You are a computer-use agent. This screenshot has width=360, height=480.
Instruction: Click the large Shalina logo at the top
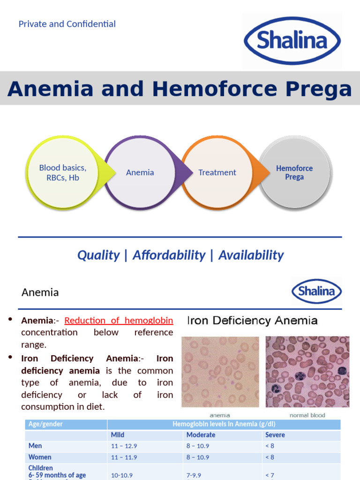[292, 40]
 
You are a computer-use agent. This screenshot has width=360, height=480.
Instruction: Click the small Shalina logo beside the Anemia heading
[316, 291]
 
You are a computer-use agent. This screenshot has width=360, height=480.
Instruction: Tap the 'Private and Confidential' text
[67, 24]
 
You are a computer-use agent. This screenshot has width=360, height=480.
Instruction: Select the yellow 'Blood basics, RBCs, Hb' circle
[62, 172]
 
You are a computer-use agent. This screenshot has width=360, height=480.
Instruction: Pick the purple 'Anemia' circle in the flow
[140, 172]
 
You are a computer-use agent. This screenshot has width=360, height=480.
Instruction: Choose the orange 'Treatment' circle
[217, 172]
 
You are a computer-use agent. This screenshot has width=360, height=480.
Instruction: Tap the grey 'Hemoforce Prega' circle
[294, 172]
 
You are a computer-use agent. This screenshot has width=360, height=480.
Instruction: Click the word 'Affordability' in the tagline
[169, 255]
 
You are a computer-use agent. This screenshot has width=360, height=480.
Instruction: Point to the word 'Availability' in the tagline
[251, 255]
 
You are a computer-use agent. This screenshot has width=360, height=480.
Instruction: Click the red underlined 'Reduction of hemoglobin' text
[119, 321]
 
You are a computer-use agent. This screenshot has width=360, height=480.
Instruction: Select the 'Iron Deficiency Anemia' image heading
[252, 321]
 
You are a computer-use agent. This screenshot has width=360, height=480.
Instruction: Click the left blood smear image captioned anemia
[220, 372]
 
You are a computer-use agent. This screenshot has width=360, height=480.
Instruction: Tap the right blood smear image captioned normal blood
[307, 372]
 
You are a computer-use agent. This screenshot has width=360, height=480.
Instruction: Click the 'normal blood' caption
[307, 415]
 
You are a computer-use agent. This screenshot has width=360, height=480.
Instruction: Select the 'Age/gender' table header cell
[45, 424]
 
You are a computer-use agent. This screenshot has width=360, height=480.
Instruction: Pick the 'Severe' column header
[275, 435]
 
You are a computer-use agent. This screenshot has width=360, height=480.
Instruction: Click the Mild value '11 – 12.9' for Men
[124, 446]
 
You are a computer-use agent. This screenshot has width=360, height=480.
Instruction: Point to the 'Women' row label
[40, 457]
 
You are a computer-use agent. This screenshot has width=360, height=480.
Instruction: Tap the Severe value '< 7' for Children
[270, 475]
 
